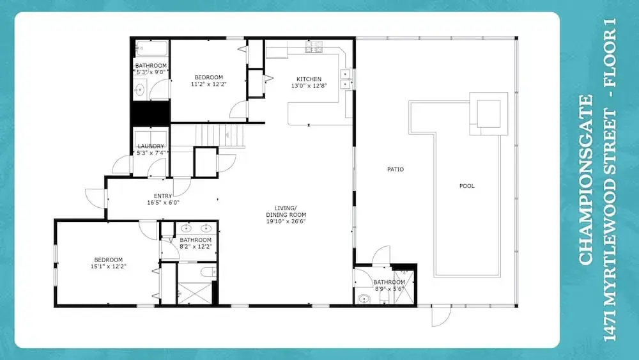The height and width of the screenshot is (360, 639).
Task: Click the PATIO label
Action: point(396,169)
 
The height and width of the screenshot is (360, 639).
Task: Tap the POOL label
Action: point(467,186)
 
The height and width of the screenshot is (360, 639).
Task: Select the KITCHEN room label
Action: point(309,79)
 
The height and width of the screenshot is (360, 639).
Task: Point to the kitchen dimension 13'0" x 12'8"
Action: point(309,86)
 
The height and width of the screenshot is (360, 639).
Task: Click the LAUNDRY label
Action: point(151,146)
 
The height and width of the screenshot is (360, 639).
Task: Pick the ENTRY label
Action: point(163,196)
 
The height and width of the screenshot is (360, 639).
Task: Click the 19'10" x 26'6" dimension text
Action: point(286,221)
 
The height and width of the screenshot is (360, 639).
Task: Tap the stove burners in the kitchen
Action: point(314,47)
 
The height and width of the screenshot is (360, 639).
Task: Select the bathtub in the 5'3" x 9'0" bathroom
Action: point(151,48)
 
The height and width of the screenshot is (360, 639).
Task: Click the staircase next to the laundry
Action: point(220,136)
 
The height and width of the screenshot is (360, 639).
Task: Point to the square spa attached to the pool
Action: point(489,114)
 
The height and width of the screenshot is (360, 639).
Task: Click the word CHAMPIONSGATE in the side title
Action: point(585,180)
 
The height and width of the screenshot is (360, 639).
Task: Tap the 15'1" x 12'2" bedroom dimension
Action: point(109,266)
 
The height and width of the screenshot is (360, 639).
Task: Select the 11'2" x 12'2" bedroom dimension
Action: point(209,84)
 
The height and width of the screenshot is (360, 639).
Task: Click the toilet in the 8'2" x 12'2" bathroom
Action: point(208,272)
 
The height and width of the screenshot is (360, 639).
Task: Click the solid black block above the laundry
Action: point(151,113)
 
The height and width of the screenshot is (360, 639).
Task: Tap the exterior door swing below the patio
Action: point(442,316)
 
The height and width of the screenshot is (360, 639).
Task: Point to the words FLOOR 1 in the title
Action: point(610,52)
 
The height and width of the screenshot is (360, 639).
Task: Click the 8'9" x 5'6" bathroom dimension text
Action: point(389,289)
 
